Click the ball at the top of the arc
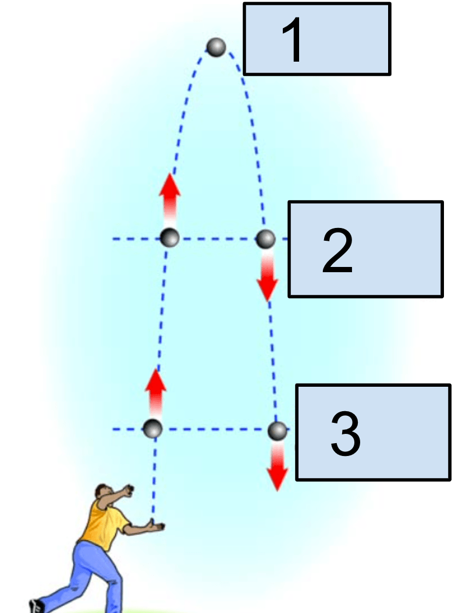pos(216,47)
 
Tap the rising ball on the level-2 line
pos(170,238)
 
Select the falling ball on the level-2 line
pos(265,238)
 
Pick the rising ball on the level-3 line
pos(152,429)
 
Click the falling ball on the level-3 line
pos(278,430)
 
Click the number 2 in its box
pos(337,251)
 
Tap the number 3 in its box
pos(346,434)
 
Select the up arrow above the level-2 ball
pos(169,195)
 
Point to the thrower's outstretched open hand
pos(156,526)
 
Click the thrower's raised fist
pos(130,489)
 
